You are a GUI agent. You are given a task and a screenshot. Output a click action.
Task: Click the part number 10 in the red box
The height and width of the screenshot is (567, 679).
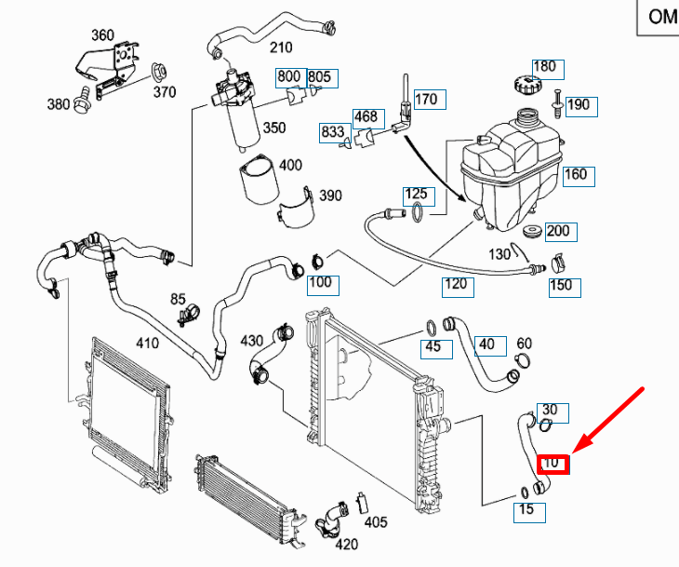(553, 461)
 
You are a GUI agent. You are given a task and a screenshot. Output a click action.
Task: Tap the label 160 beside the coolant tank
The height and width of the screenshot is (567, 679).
(577, 174)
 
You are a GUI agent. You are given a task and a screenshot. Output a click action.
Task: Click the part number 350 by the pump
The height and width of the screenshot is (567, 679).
(273, 128)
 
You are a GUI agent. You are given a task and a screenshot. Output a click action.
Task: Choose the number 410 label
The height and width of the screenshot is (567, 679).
(147, 343)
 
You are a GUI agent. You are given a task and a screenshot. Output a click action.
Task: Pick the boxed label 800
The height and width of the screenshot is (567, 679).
(288, 76)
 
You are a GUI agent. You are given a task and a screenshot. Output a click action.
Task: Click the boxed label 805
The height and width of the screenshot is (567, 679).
(319, 76)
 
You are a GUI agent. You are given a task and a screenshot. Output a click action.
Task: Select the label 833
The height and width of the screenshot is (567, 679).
(332, 131)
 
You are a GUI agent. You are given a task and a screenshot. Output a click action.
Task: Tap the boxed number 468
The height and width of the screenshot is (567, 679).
(365, 117)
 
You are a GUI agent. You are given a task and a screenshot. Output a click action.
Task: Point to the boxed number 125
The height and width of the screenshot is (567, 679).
(415, 195)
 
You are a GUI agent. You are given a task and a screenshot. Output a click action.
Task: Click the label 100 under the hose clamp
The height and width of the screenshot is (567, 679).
(319, 281)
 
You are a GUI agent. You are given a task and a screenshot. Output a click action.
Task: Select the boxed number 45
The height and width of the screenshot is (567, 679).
(433, 348)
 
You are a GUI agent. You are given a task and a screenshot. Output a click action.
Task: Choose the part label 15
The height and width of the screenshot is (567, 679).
(526, 509)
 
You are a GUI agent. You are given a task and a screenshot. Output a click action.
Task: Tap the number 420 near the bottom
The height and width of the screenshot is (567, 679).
(346, 544)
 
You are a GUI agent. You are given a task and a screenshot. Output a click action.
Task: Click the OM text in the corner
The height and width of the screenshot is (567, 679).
(662, 17)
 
